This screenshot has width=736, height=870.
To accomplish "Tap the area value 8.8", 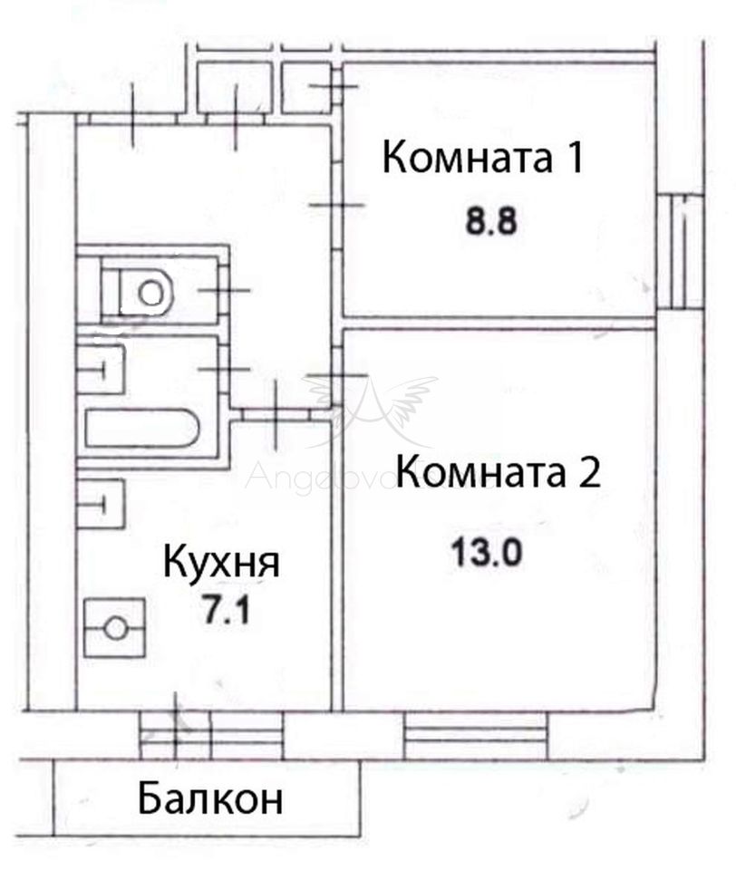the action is (490, 222).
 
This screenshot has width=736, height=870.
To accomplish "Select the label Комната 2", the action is (499, 472).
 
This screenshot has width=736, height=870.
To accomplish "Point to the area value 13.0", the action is (485, 551).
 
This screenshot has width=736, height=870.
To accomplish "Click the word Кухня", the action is (221, 563).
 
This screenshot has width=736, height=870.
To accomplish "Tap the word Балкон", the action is (210, 799).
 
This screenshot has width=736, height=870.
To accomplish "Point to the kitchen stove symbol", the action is (114, 627).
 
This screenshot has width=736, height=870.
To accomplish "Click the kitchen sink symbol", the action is (100, 502).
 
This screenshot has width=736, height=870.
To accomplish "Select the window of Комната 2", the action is (476, 735).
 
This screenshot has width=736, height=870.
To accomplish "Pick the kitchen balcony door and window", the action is (210, 734).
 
